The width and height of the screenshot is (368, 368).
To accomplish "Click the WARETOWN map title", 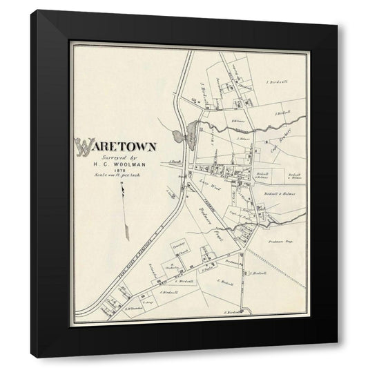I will (117, 146).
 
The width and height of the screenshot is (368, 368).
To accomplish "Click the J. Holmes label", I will (242, 138).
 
